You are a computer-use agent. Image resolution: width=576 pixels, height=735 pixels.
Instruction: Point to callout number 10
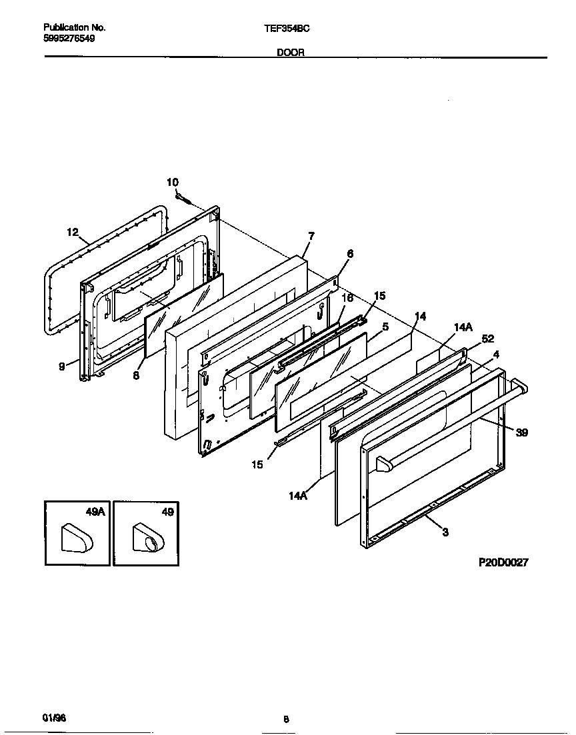(x=172, y=182)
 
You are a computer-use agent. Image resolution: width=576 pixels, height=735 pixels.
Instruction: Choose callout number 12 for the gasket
(x=73, y=232)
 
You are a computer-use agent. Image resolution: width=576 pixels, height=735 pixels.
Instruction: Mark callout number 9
(x=61, y=366)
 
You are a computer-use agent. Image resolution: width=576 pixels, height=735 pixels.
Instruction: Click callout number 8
(x=135, y=375)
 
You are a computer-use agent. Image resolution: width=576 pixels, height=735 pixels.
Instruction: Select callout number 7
(x=311, y=235)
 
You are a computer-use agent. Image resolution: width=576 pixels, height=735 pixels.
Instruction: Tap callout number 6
(x=350, y=254)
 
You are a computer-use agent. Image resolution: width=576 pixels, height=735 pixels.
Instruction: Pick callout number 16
(x=347, y=298)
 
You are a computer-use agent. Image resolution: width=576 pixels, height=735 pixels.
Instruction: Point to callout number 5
(x=385, y=327)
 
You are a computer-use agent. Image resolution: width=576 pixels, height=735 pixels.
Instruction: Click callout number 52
(x=487, y=339)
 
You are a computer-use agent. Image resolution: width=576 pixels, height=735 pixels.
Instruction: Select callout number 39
(x=522, y=432)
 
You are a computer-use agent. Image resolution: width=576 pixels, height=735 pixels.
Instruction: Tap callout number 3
(x=445, y=531)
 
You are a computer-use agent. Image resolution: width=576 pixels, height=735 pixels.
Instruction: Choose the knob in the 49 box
(x=146, y=537)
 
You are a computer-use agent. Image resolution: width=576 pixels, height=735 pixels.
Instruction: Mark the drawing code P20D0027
(x=503, y=562)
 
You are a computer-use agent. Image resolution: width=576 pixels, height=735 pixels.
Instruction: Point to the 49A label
(x=95, y=512)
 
